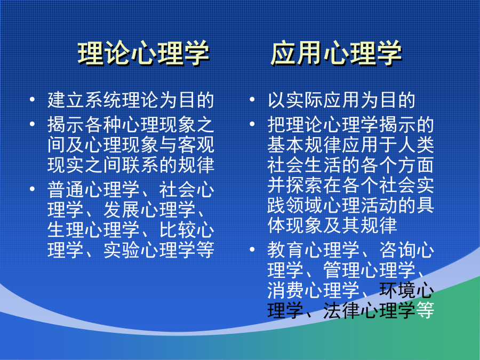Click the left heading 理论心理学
pyautogui.click(x=143, y=53)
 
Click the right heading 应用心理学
pyautogui.click(x=336, y=53)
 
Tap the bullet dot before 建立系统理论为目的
pyautogui.click(x=32, y=99)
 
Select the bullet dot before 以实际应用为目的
pyautogui.click(x=252, y=99)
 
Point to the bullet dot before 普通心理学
pyautogui.click(x=32, y=189)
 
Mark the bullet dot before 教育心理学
pyautogui.click(x=252, y=249)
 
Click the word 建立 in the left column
pyautogui.click(x=66, y=100)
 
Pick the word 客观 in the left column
pyautogui.click(x=196, y=145)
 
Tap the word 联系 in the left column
pyautogui.click(x=140, y=165)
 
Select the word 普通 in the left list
pyautogui.click(x=66, y=189)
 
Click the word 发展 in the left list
pyautogui.click(x=122, y=210)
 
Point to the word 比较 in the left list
pyautogui.click(x=178, y=230)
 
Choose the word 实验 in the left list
pyautogui.click(x=122, y=250)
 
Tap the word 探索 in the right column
pyautogui.click(x=305, y=185)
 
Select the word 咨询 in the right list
pyautogui.click(x=397, y=250)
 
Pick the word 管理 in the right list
pyautogui.click(x=342, y=270)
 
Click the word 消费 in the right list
pyautogui.click(x=286, y=290)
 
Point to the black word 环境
pyautogui.click(x=397, y=290)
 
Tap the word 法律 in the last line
pyautogui.click(x=342, y=310)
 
